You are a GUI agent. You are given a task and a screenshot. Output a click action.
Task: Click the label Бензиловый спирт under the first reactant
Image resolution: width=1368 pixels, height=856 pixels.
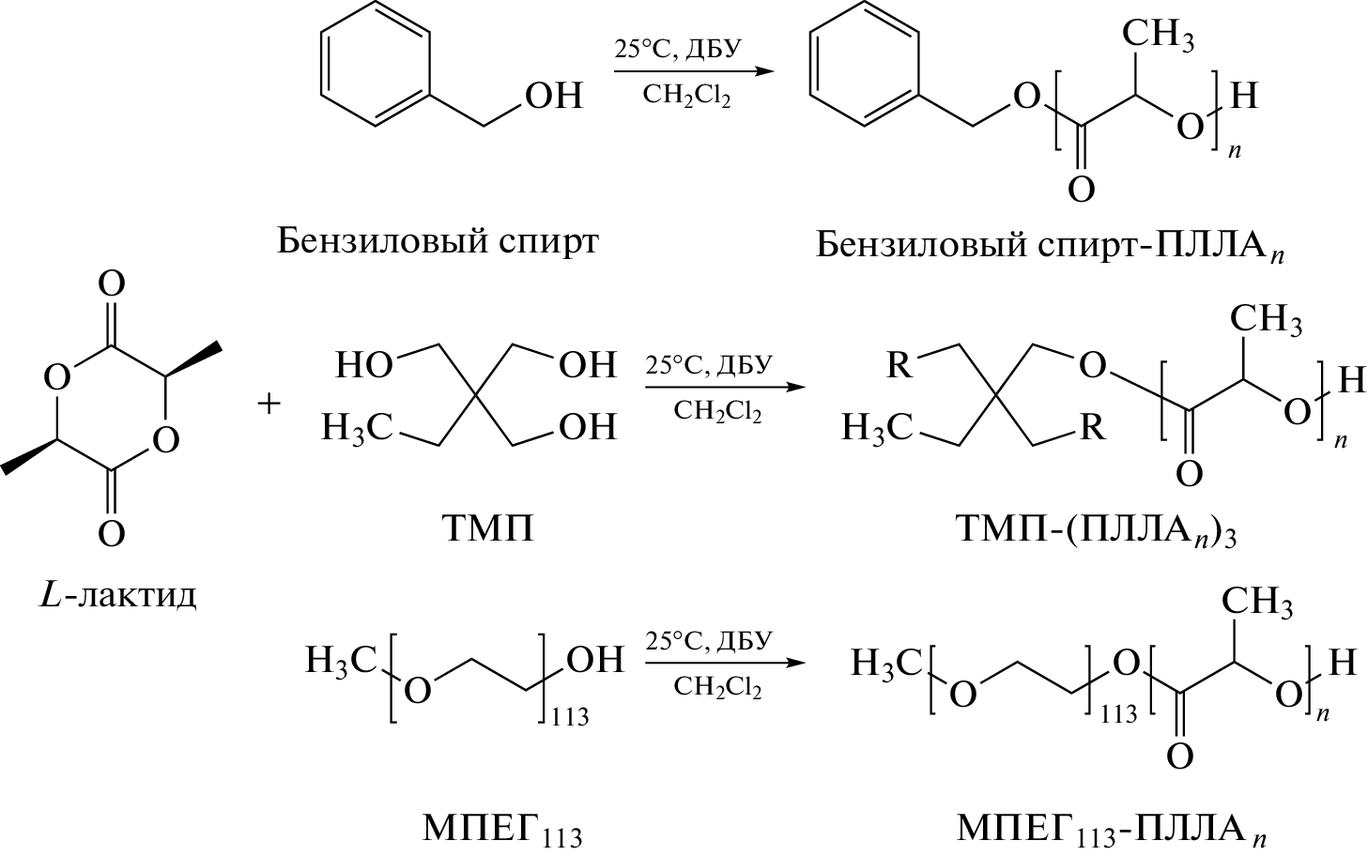pos(438,242)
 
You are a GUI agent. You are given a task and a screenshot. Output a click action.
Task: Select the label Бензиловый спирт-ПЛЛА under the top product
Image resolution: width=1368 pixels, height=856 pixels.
pos(1049,246)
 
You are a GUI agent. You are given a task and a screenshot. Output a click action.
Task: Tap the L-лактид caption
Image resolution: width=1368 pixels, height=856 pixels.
pos(118,594)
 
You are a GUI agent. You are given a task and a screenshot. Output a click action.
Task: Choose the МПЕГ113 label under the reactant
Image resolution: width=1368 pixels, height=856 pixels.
pos(501,830)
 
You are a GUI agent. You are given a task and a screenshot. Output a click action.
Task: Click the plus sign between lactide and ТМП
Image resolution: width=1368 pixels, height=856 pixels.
pos(269,404)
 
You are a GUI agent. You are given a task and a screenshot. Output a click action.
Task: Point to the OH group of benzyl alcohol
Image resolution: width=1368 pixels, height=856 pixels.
pos(554,96)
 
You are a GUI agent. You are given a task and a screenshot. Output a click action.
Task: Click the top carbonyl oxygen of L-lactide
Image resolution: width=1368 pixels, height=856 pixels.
pos(112,283)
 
